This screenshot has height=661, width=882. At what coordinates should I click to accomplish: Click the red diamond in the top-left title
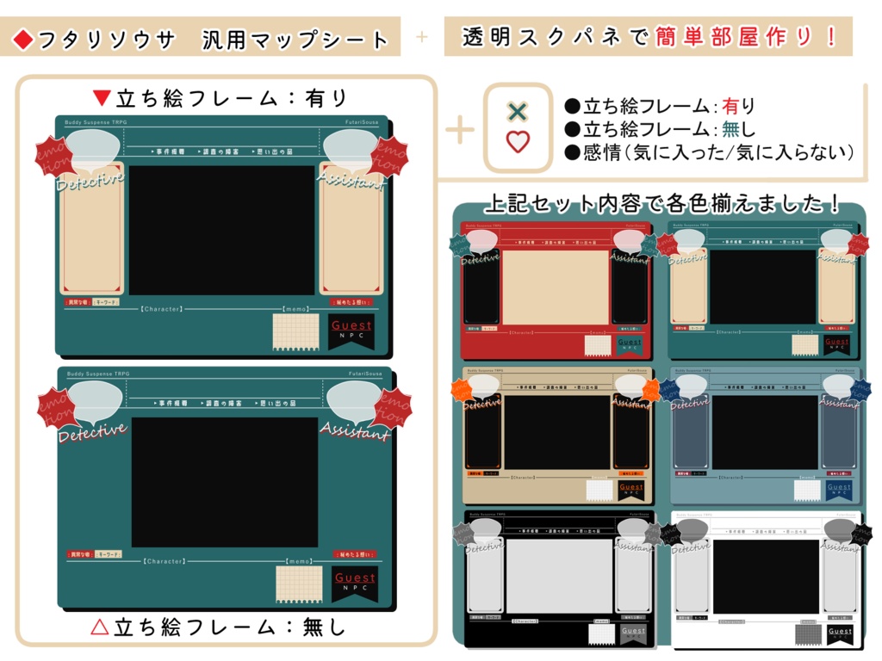(x=23, y=40)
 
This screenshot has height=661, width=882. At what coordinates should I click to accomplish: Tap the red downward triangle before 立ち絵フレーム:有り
(x=102, y=97)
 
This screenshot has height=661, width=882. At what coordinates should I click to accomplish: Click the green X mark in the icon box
(x=517, y=111)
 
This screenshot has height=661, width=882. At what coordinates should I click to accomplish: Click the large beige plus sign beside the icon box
(x=460, y=130)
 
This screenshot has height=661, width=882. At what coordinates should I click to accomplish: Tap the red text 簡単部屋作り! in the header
(x=746, y=37)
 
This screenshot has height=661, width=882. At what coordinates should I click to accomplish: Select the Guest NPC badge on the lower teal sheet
(x=355, y=584)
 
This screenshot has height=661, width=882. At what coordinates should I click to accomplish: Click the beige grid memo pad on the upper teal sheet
(x=295, y=331)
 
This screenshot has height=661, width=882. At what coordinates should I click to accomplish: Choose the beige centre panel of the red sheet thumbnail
(x=555, y=287)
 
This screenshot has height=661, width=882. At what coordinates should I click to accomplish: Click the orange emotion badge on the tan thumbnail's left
(x=463, y=392)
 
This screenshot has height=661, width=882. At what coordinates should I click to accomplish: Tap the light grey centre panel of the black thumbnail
(x=558, y=576)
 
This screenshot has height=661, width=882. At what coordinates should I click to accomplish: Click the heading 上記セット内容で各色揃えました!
(x=661, y=204)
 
